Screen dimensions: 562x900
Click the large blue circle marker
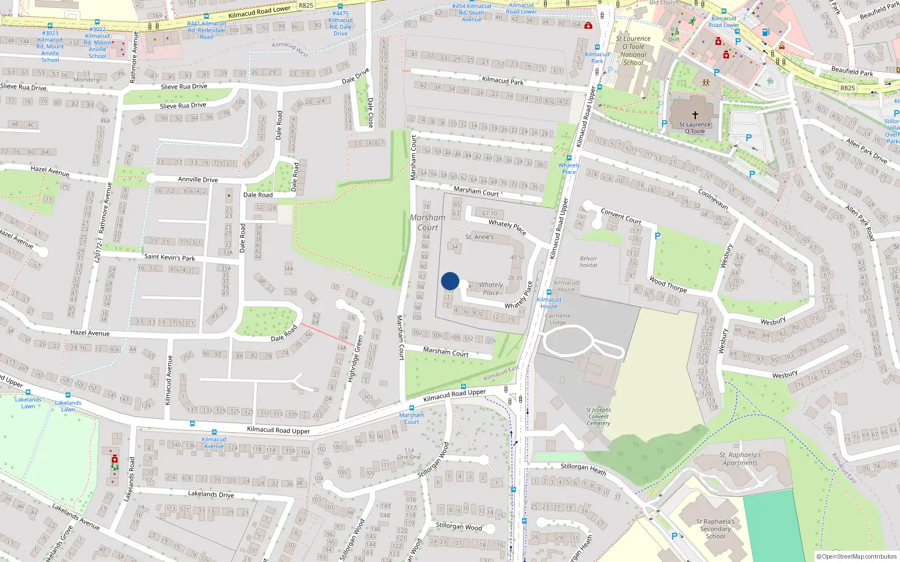coord(450,281)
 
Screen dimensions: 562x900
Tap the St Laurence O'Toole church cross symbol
coord(695,115)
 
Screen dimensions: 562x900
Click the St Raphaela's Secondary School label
coord(715,529)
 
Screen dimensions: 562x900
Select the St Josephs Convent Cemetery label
coord(598,416)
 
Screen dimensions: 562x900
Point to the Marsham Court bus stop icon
coord(411,408)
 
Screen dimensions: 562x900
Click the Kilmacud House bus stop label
coord(549,303)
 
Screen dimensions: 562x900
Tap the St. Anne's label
coord(479,237)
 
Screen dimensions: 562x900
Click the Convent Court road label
coord(620,216)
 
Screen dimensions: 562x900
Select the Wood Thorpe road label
coord(668,285)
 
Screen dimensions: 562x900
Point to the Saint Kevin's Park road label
coord(169,257)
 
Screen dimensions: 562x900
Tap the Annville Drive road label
coord(197,180)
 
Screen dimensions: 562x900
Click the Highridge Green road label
coord(354,359)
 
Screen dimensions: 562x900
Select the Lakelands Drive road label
coord(210,494)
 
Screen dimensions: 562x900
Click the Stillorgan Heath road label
coord(583,469)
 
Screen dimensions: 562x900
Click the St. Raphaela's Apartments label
coord(740,459)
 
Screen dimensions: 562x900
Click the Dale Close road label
coord(370,113)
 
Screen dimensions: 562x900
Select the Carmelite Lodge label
coord(557,319)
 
